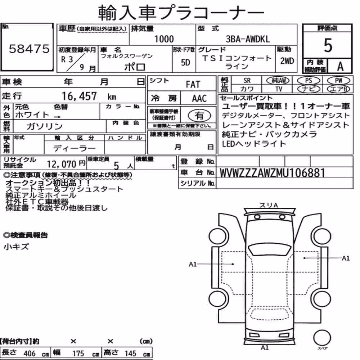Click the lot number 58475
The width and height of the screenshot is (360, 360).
pyautogui.click(x=29, y=49)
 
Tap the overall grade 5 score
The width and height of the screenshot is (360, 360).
pyautogui.click(x=328, y=45)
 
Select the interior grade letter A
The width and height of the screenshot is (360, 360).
pyautogui.click(x=340, y=66)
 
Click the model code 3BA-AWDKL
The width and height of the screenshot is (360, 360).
pyautogui.click(x=248, y=39)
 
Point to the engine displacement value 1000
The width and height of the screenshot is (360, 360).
pyautogui.click(x=164, y=39)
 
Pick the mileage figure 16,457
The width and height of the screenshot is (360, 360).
pyautogui.click(x=79, y=96)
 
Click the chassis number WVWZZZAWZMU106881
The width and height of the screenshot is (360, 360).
pyautogui.click(x=272, y=173)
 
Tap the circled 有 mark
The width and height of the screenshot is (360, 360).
pyautogui.click(x=199, y=116)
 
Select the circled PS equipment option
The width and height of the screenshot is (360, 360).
pyautogui.click(x=309, y=81)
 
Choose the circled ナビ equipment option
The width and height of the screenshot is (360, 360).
pyautogui.click(x=309, y=89)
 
